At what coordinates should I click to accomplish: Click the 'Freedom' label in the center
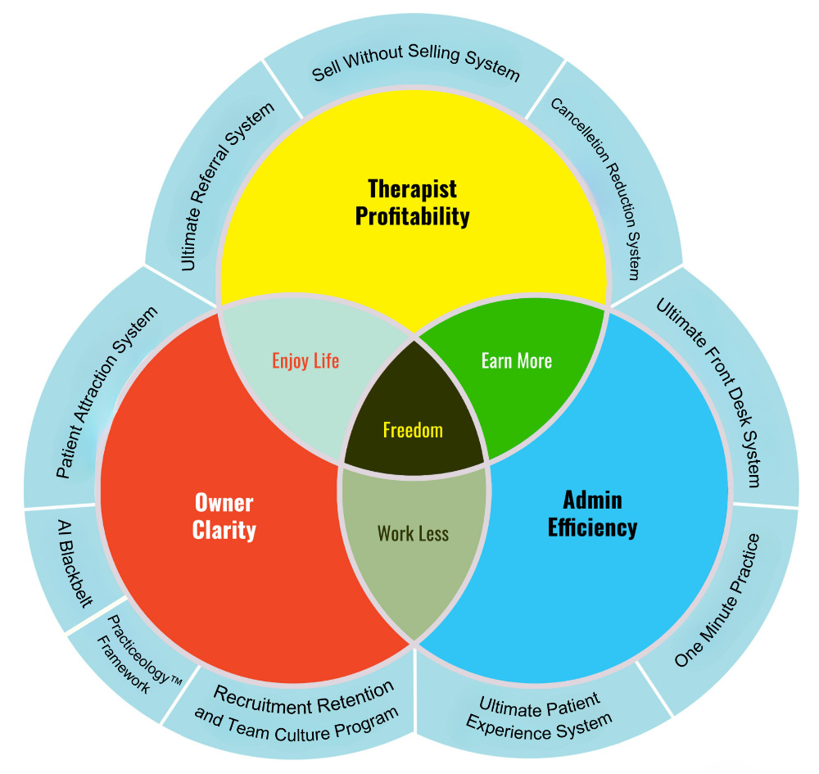click(x=413, y=430)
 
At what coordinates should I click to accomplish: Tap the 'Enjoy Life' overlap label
click(x=305, y=360)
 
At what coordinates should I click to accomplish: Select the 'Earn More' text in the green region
click(x=517, y=360)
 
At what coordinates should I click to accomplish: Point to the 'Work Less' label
click(x=413, y=534)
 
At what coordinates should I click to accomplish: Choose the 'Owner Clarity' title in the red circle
click(x=224, y=516)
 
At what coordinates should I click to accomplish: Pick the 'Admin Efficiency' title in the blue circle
click(x=592, y=513)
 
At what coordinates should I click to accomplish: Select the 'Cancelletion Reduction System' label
click(x=595, y=188)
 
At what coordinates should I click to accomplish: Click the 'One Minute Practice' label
click(x=718, y=600)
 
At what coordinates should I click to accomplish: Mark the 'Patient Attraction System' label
click(x=106, y=392)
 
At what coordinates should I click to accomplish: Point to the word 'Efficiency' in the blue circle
click(x=592, y=527)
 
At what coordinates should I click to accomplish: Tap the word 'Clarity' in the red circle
click(x=224, y=530)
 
